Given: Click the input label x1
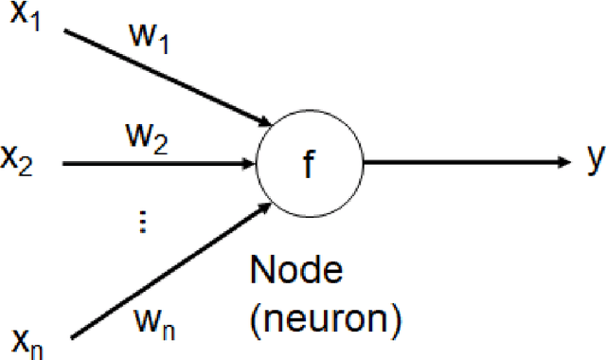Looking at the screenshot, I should pyautogui.click(x=25, y=20).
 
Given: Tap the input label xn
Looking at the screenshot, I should pyautogui.click(x=26, y=337).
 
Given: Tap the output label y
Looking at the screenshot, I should pyautogui.click(x=595, y=162).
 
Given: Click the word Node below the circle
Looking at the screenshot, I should pyautogui.click(x=295, y=272).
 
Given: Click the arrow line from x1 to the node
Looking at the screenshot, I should pyautogui.click(x=161, y=76).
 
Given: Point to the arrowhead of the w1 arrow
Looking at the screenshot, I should pyautogui.click(x=266, y=119).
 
